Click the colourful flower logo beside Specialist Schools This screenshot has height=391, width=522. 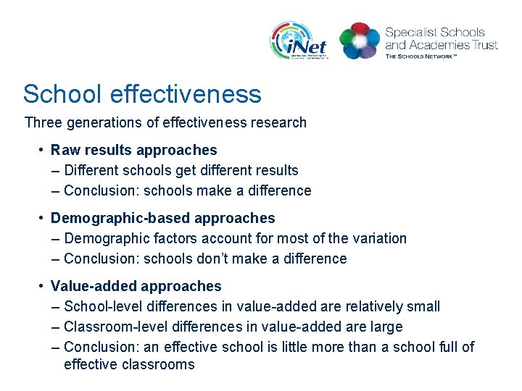360,40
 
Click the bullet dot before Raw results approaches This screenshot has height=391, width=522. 43,150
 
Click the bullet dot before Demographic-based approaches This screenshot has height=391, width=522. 43,218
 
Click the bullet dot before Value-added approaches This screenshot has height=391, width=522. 43,286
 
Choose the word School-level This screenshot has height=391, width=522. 101,306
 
